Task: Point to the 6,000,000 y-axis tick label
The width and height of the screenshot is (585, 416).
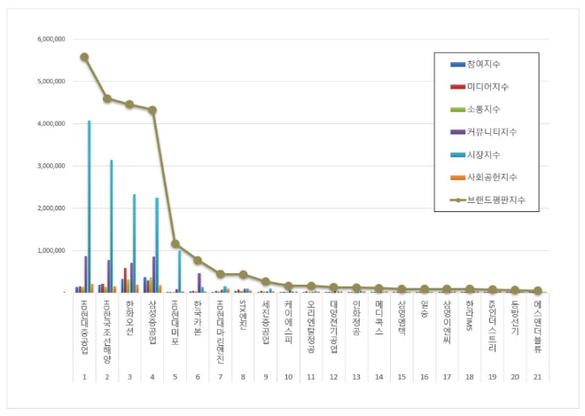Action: (51, 39)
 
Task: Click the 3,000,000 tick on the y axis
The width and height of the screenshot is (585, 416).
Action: (51, 166)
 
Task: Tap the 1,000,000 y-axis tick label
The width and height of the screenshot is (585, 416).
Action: (51, 250)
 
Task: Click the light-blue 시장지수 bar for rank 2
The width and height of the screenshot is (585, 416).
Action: (111, 226)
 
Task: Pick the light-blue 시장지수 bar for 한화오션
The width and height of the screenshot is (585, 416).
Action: (134, 244)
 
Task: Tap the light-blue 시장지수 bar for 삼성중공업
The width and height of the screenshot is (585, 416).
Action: (157, 246)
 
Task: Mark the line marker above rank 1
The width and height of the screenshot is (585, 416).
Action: (84, 57)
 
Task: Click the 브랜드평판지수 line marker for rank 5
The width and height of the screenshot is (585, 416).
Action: (175, 243)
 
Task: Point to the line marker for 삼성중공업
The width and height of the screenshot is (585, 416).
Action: (152, 110)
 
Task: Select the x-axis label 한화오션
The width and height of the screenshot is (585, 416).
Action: (129, 318)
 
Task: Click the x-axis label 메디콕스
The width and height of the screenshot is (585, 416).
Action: (379, 318)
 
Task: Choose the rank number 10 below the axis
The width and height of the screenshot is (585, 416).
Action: (288, 377)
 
